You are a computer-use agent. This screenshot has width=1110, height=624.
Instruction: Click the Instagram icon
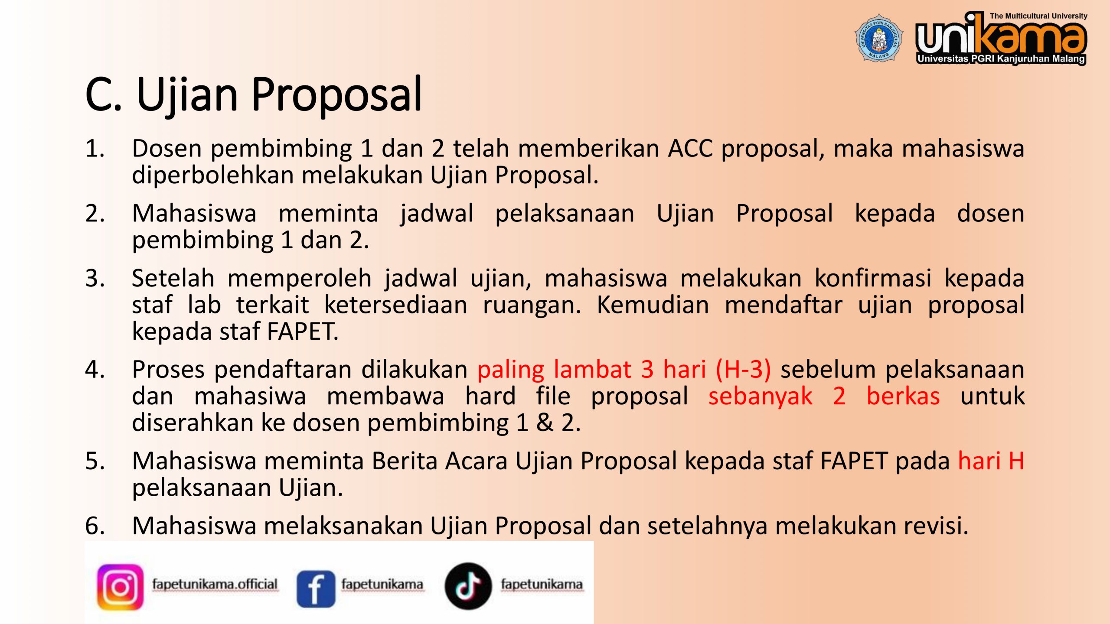click(120, 587)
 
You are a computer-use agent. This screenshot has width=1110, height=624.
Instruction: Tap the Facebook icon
click(316, 588)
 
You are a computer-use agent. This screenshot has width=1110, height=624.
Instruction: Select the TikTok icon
click(468, 586)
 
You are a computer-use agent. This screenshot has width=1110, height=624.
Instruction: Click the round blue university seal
click(879, 38)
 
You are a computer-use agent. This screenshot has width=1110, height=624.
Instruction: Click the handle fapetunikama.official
click(215, 584)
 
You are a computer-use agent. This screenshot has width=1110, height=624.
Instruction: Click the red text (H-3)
click(743, 370)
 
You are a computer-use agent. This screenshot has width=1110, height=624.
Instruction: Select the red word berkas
click(903, 396)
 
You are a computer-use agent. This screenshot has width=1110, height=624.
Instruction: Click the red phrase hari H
click(991, 461)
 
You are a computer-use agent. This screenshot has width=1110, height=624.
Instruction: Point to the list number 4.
click(95, 370)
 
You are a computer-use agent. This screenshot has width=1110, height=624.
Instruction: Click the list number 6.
click(95, 526)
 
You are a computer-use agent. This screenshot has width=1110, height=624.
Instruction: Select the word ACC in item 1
click(690, 149)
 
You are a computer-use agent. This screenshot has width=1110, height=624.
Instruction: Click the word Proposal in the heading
click(336, 95)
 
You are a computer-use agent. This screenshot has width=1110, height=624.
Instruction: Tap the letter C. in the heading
click(103, 95)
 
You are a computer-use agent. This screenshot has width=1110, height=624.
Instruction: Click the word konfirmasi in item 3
click(872, 278)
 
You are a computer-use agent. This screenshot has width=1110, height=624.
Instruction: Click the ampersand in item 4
click(545, 422)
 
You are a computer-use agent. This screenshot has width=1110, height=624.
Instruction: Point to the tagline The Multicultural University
click(1038, 16)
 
